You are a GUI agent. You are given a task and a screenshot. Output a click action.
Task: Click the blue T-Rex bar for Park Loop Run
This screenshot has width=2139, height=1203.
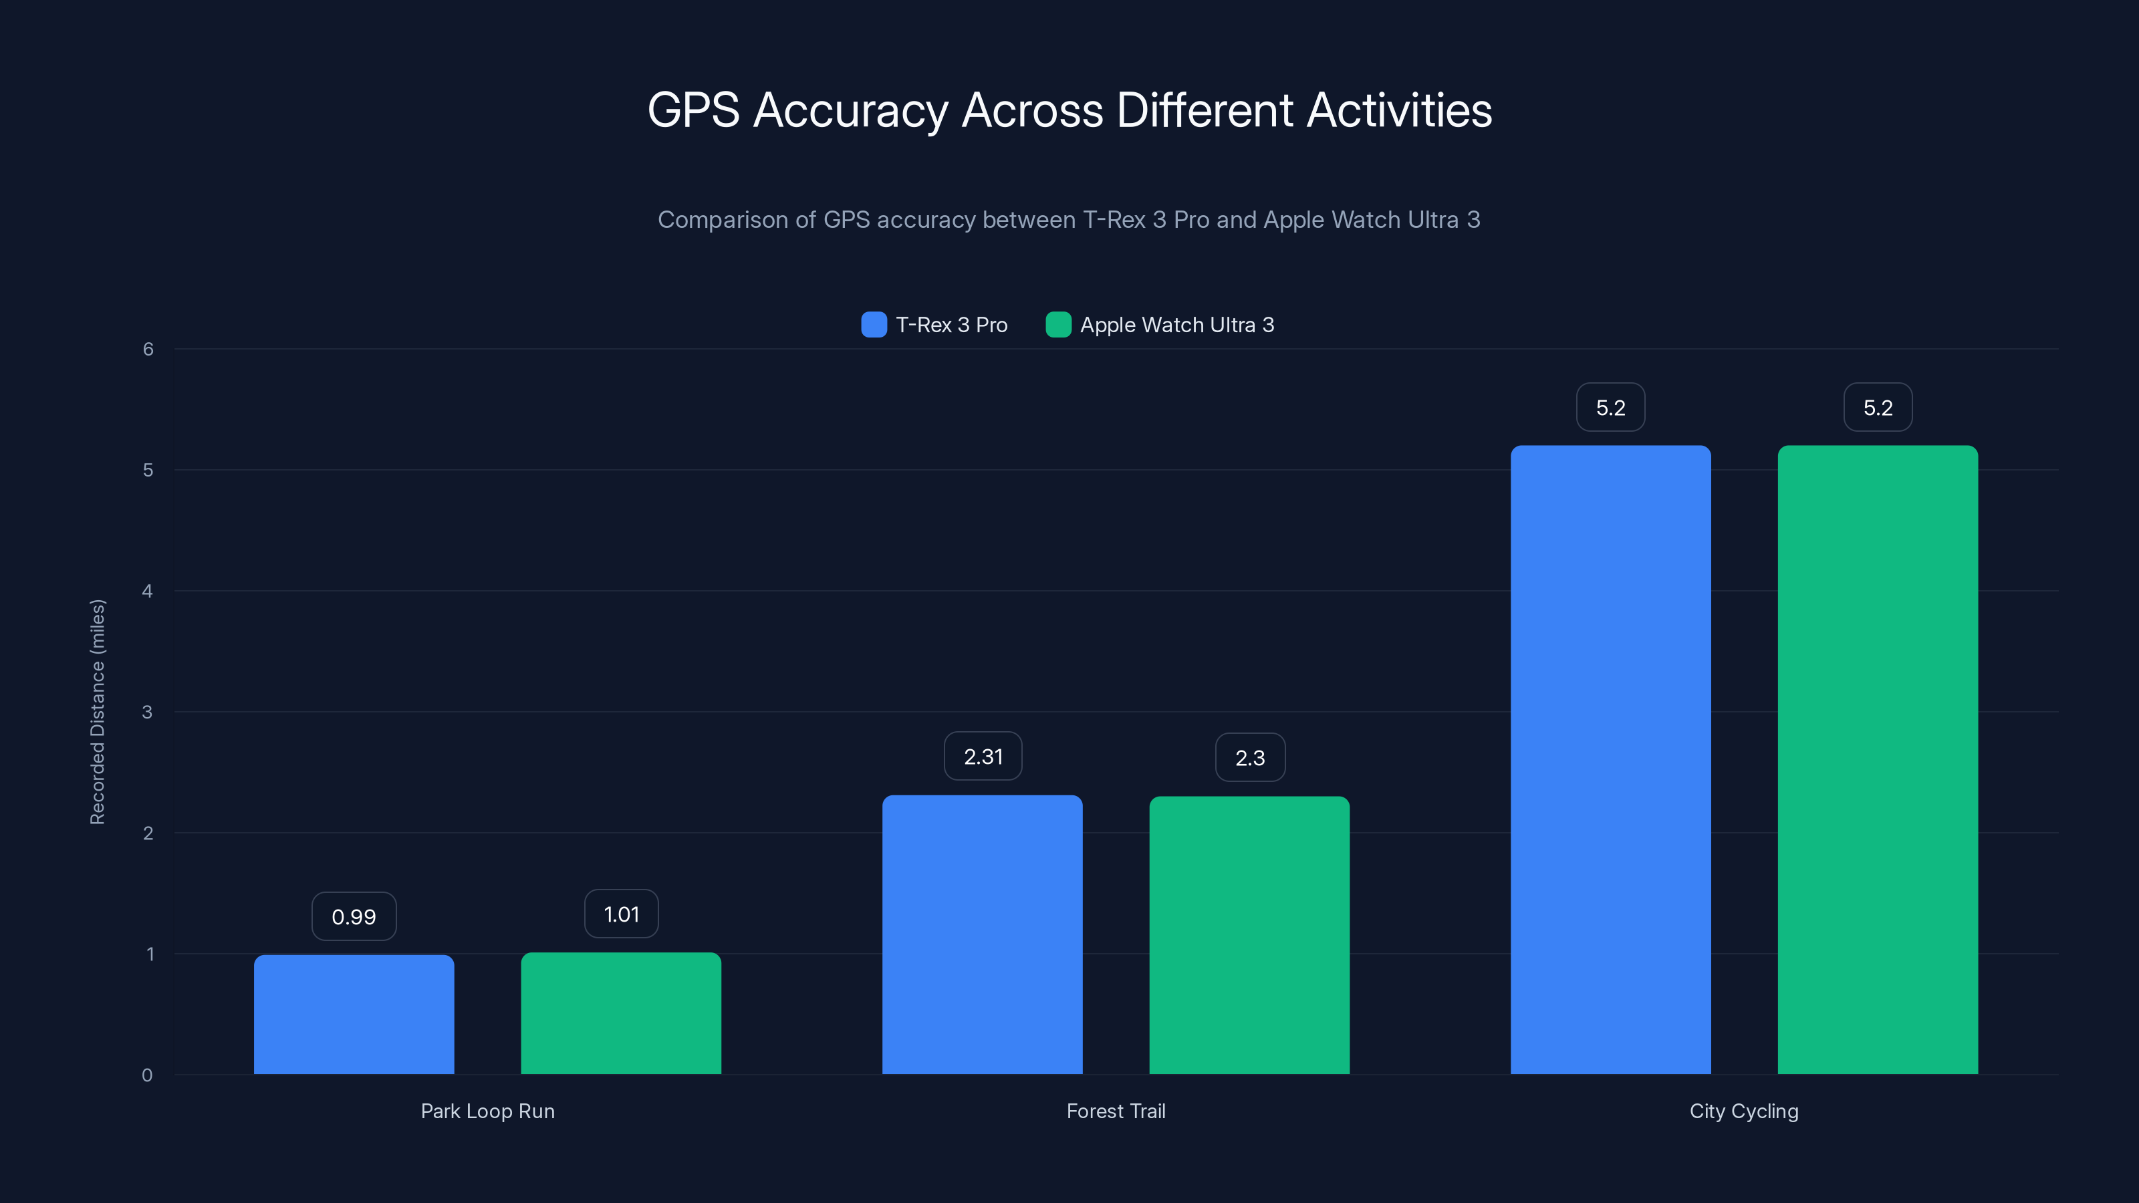pyautogui.click(x=354, y=1014)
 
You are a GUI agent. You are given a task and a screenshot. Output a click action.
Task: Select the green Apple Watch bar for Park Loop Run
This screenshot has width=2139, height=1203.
pyautogui.click(x=621, y=1013)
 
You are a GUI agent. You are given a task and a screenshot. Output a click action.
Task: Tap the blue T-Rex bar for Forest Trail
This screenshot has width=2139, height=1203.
pyautogui.click(x=983, y=934)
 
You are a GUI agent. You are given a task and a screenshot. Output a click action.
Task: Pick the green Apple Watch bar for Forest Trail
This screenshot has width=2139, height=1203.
pyautogui.click(x=1250, y=935)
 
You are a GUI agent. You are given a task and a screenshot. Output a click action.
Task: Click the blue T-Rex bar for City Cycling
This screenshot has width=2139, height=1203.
pyautogui.click(x=1611, y=760)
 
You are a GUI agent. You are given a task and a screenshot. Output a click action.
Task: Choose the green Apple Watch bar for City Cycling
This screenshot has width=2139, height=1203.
pyautogui.click(x=1878, y=760)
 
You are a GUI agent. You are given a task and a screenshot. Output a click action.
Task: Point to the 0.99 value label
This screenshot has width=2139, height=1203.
pyautogui.click(x=354, y=916)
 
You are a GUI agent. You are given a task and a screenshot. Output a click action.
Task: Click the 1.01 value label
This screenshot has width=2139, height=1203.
pyautogui.click(x=621, y=914)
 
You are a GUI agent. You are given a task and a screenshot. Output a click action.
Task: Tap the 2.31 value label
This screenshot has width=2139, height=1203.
pyautogui.click(x=983, y=757)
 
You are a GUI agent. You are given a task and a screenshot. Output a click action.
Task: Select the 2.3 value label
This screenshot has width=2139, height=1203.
pyautogui.click(x=1251, y=757)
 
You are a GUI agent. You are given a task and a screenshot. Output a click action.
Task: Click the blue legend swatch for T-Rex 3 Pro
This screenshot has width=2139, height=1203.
pyautogui.click(x=874, y=325)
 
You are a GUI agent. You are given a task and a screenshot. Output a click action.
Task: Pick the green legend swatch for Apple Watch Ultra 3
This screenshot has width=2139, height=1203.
pyautogui.click(x=1058, y=325)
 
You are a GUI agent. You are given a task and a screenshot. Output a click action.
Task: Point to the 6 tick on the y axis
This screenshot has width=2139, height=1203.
pyautogui.click(x=148, y=350)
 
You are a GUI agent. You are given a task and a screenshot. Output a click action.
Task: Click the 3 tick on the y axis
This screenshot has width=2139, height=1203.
pyautogui.click(x=147, y=712)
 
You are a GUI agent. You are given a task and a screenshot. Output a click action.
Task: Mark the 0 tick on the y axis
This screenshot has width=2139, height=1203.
pyautogui.click(x=147, y=1075)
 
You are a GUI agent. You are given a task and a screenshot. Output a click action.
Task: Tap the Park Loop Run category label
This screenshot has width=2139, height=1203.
pyautogui.click(x=487, y=1111)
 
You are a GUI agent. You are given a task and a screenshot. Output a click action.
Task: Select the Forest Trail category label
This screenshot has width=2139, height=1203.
pyautogui.click(x=1116, y=1111)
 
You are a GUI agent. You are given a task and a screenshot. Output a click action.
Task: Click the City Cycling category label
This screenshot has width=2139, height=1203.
pyautogui.click(x=1744, y=1111)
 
